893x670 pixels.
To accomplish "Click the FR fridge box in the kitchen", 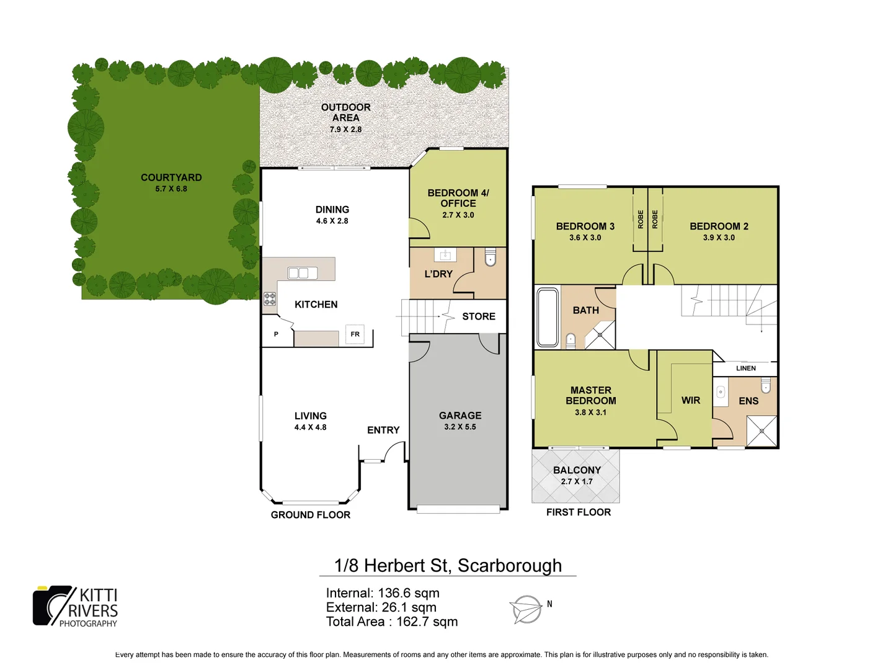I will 355,334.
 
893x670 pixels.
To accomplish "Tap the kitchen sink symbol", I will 303,273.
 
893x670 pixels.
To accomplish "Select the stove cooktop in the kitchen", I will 270,299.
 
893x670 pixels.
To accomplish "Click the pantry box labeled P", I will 276,334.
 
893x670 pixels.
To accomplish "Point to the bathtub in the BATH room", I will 548,317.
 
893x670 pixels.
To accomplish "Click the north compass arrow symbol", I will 526,609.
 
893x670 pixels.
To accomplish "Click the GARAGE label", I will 460,416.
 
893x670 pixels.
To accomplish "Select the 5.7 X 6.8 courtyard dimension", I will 171,189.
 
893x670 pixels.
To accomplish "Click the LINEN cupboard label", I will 746,368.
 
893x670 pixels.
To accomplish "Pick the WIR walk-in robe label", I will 691,401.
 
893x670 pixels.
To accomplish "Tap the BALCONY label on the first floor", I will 577,470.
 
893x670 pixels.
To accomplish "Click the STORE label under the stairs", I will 479,316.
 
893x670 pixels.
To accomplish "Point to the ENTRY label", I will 383,430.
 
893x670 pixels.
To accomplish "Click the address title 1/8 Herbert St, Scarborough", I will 448,566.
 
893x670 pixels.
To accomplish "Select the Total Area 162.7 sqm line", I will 392,622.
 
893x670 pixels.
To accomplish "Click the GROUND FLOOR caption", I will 311,515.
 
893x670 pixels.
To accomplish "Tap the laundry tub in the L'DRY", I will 445,255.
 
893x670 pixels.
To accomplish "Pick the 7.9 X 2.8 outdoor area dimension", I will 345,130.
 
